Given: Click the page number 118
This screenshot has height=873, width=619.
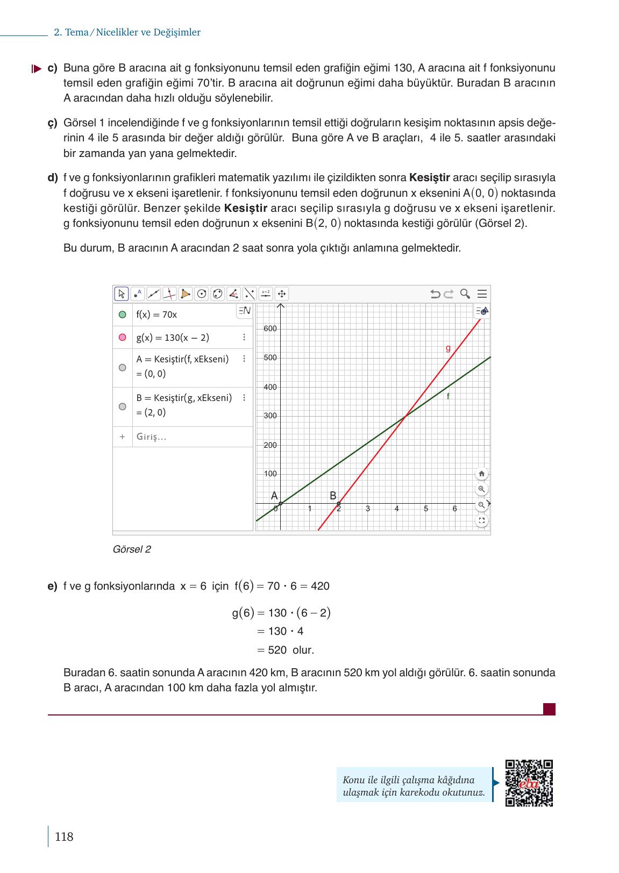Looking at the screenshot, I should [63, 836].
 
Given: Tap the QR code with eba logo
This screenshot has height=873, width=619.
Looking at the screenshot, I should [529, 783].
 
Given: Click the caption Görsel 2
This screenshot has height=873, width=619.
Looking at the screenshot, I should [132, 549].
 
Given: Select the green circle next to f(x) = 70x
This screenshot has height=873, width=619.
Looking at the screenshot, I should [122, 314].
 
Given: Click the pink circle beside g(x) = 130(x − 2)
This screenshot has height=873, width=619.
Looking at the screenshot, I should [122, 338].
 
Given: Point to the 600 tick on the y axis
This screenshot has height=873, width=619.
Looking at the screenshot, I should [270, 328].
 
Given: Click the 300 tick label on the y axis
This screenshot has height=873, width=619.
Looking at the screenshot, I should [270, 416].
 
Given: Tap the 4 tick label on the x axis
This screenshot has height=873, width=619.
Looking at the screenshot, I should [397, 509].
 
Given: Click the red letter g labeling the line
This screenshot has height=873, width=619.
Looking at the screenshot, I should [448, 348].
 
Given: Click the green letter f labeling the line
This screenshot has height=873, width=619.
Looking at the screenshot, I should [448, 396].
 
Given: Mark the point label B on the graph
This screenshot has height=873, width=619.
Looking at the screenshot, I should [333, 496].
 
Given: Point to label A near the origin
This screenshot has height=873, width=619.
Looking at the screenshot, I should [274, 496].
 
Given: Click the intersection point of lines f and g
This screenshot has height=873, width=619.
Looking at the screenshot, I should [405, 415].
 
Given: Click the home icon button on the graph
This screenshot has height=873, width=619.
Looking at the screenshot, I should [481, 474].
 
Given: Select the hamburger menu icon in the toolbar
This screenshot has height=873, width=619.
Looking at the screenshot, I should [482, 294].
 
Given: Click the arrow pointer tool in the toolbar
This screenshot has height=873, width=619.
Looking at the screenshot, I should [121, 294].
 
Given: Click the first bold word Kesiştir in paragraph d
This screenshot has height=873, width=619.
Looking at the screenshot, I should [429, 178].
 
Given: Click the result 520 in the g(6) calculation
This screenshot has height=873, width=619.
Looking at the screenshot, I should [277, 650].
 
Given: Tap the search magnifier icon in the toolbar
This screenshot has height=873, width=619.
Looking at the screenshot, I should [465, 294].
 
